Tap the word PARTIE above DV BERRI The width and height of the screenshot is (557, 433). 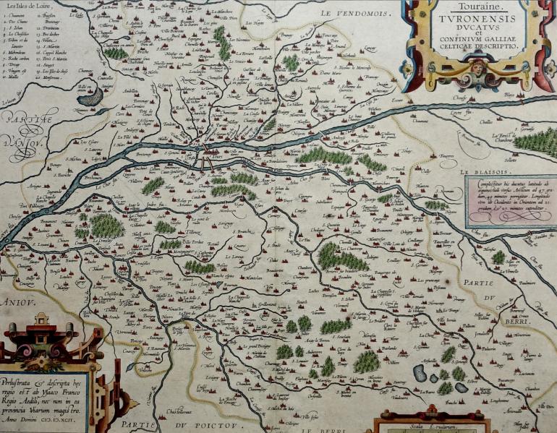480,283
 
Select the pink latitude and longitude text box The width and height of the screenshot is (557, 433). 509,201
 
